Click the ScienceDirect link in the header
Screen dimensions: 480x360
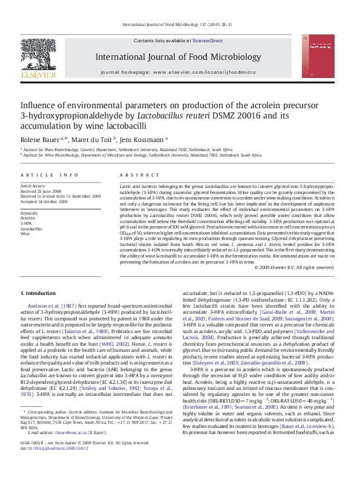click(x=208, y=41)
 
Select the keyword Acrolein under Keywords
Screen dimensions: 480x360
click(x=28, y=219)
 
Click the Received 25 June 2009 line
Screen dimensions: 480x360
click(x=42, y=191)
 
